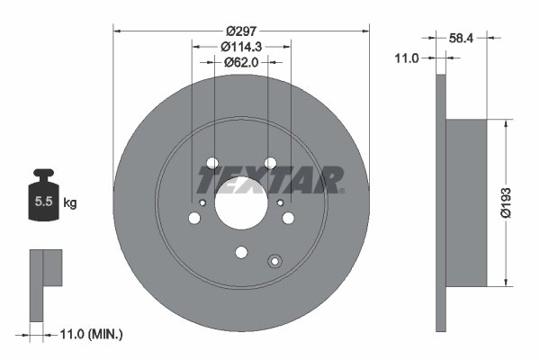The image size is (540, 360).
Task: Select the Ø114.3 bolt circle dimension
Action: pos(241,47)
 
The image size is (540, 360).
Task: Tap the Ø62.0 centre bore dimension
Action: pos(241,63)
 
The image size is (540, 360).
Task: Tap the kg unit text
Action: pos(69,203)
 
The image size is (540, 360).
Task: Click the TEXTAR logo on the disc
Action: pos(270,180)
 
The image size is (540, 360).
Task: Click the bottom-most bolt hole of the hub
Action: pos(240,253)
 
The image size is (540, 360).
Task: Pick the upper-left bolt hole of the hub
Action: pos(212,164)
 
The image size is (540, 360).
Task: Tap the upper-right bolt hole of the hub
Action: pos(269,164)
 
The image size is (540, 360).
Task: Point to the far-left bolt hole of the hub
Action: pos(194,219)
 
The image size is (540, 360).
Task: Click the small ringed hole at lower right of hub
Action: pos(275,262)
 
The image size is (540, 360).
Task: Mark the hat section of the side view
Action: pos(466,203)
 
